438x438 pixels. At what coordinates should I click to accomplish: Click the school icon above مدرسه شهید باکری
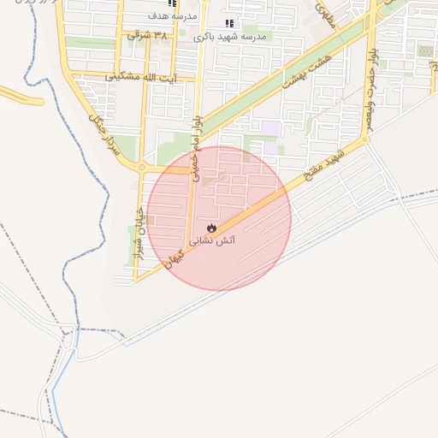click(x=228, y=24)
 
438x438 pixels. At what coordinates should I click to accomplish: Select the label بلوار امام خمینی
click(x=198, y=136)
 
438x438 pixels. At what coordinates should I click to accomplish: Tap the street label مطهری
click(x=323, y=12)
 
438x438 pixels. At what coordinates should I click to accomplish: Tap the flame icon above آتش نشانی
click(x=212, y=228)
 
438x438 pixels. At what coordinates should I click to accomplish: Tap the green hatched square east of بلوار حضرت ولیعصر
click(x=424, y=51)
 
